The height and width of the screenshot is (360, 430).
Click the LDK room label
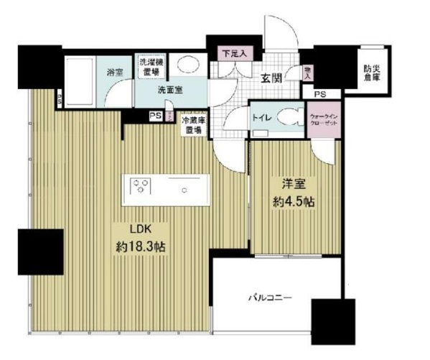[141, 229]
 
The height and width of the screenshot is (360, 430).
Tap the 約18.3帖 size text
[141, 246]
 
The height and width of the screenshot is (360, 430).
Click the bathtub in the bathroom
[80, 80]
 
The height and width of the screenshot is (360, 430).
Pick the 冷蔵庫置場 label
[192, 126]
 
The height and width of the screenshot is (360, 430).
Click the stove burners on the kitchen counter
[141, 188]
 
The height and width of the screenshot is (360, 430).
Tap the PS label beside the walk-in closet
[318, 93]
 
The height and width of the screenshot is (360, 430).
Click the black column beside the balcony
[333, 320]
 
